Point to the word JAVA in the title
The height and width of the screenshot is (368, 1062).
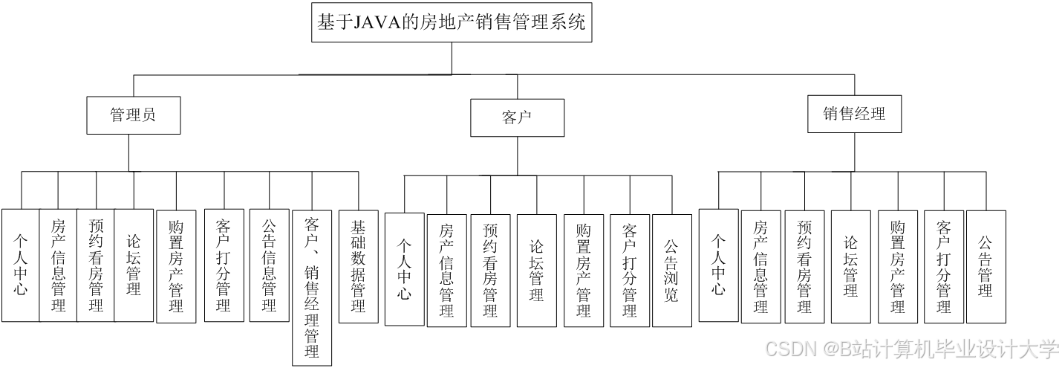coord(377,22)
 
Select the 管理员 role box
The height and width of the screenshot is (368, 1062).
coord(133,115)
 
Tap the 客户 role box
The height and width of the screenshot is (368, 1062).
coord(517,117)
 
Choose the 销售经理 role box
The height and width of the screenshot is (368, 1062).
coord(854,114)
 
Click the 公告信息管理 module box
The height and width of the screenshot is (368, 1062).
coord(269,265)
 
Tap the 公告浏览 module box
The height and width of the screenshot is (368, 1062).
coord(671,271)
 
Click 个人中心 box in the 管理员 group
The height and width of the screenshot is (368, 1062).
coord(21,265)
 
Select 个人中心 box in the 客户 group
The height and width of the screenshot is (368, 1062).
coord(404,269)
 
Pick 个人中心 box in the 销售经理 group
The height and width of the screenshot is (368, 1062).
coord(718,265)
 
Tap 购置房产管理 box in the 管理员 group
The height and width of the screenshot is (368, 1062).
coord(176,266)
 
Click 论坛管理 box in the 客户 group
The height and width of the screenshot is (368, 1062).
coord(536,271)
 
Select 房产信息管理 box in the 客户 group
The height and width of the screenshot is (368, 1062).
coord(446,271)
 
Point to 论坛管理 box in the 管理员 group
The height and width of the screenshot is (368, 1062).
coord(133,265)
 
